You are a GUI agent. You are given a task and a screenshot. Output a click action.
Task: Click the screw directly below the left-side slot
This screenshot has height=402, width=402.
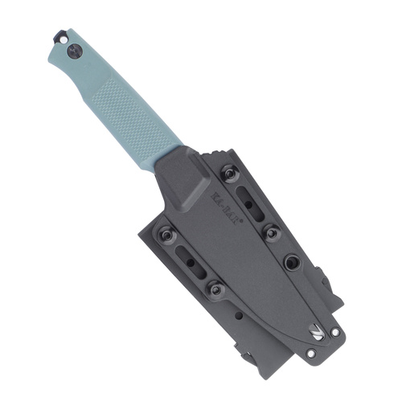click(215, 287)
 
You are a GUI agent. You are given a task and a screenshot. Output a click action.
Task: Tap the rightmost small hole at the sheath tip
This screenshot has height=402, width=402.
click(334, 331)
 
